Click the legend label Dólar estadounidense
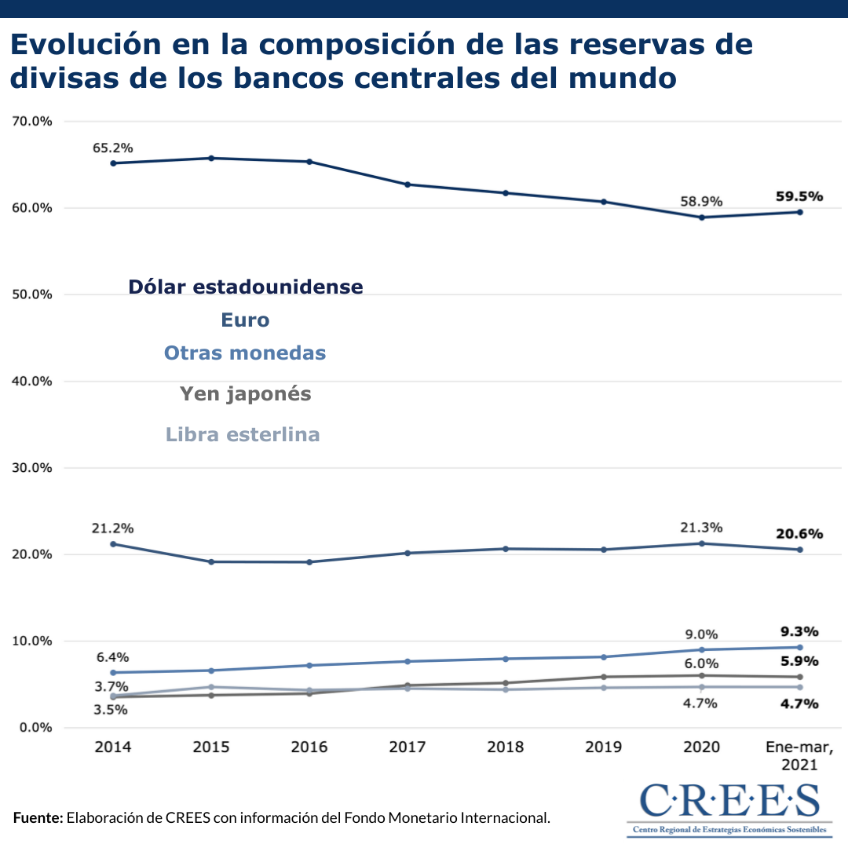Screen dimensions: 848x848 coord(246,287)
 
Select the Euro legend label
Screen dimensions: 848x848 coord(245,320)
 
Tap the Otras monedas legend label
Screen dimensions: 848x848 coord(245,353)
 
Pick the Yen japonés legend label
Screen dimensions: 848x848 coord(246,394)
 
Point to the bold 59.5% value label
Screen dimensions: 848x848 coord(799,196)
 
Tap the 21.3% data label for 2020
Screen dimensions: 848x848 coord(701,528)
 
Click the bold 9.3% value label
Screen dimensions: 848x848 coord(799,632)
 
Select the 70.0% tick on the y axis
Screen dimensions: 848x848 coord(31,122)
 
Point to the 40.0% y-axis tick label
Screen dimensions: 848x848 coord(31,382)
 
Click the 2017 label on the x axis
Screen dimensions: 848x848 coord(408,747)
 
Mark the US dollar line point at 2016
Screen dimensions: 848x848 coord(309,162)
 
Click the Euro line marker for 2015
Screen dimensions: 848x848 coord(211,562)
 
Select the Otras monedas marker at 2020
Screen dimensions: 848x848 coord(701,649)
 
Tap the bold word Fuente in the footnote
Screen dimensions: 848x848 coord(38,818)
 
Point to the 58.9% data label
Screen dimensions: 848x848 coord(701,202)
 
